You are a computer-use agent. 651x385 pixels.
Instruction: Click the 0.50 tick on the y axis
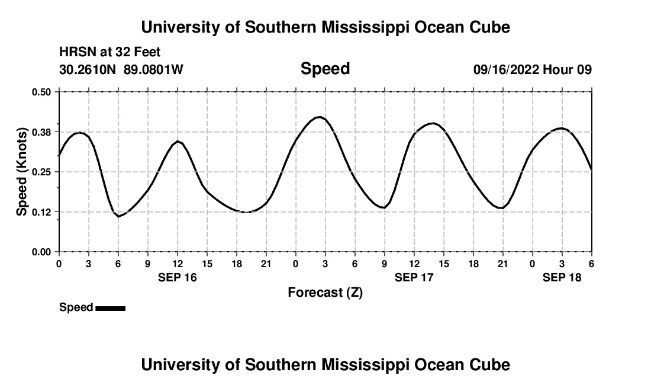(42, 92)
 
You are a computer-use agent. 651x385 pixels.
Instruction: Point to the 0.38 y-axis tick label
(42, 131)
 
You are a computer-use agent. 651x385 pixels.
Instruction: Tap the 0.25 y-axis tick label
(42, 172)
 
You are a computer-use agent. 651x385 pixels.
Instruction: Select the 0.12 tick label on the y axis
(42, 212)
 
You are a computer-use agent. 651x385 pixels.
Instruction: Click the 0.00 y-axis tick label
(42, 252)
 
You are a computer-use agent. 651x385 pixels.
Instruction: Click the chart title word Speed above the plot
(325, 69)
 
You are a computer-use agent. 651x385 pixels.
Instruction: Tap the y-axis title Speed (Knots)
(22, 172)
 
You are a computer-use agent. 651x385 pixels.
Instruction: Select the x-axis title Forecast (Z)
(325, 292)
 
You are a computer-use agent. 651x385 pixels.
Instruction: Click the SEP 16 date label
(178, 277)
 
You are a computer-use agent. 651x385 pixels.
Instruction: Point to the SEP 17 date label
(414, 277)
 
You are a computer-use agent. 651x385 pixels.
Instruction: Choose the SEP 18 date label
(562, 277)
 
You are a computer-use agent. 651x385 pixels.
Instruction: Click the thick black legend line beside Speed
(110, 308)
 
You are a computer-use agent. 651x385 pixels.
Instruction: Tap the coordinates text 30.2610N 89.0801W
(121, 70)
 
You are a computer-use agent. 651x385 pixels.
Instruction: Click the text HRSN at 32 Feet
(109, 53)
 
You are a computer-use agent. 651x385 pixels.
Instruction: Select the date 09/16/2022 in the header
(505, 70)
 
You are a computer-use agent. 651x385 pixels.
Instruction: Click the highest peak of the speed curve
(320, 117)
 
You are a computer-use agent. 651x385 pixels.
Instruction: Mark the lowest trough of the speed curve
(118, 216)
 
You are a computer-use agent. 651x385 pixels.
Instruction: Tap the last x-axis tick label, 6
(591, 264)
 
